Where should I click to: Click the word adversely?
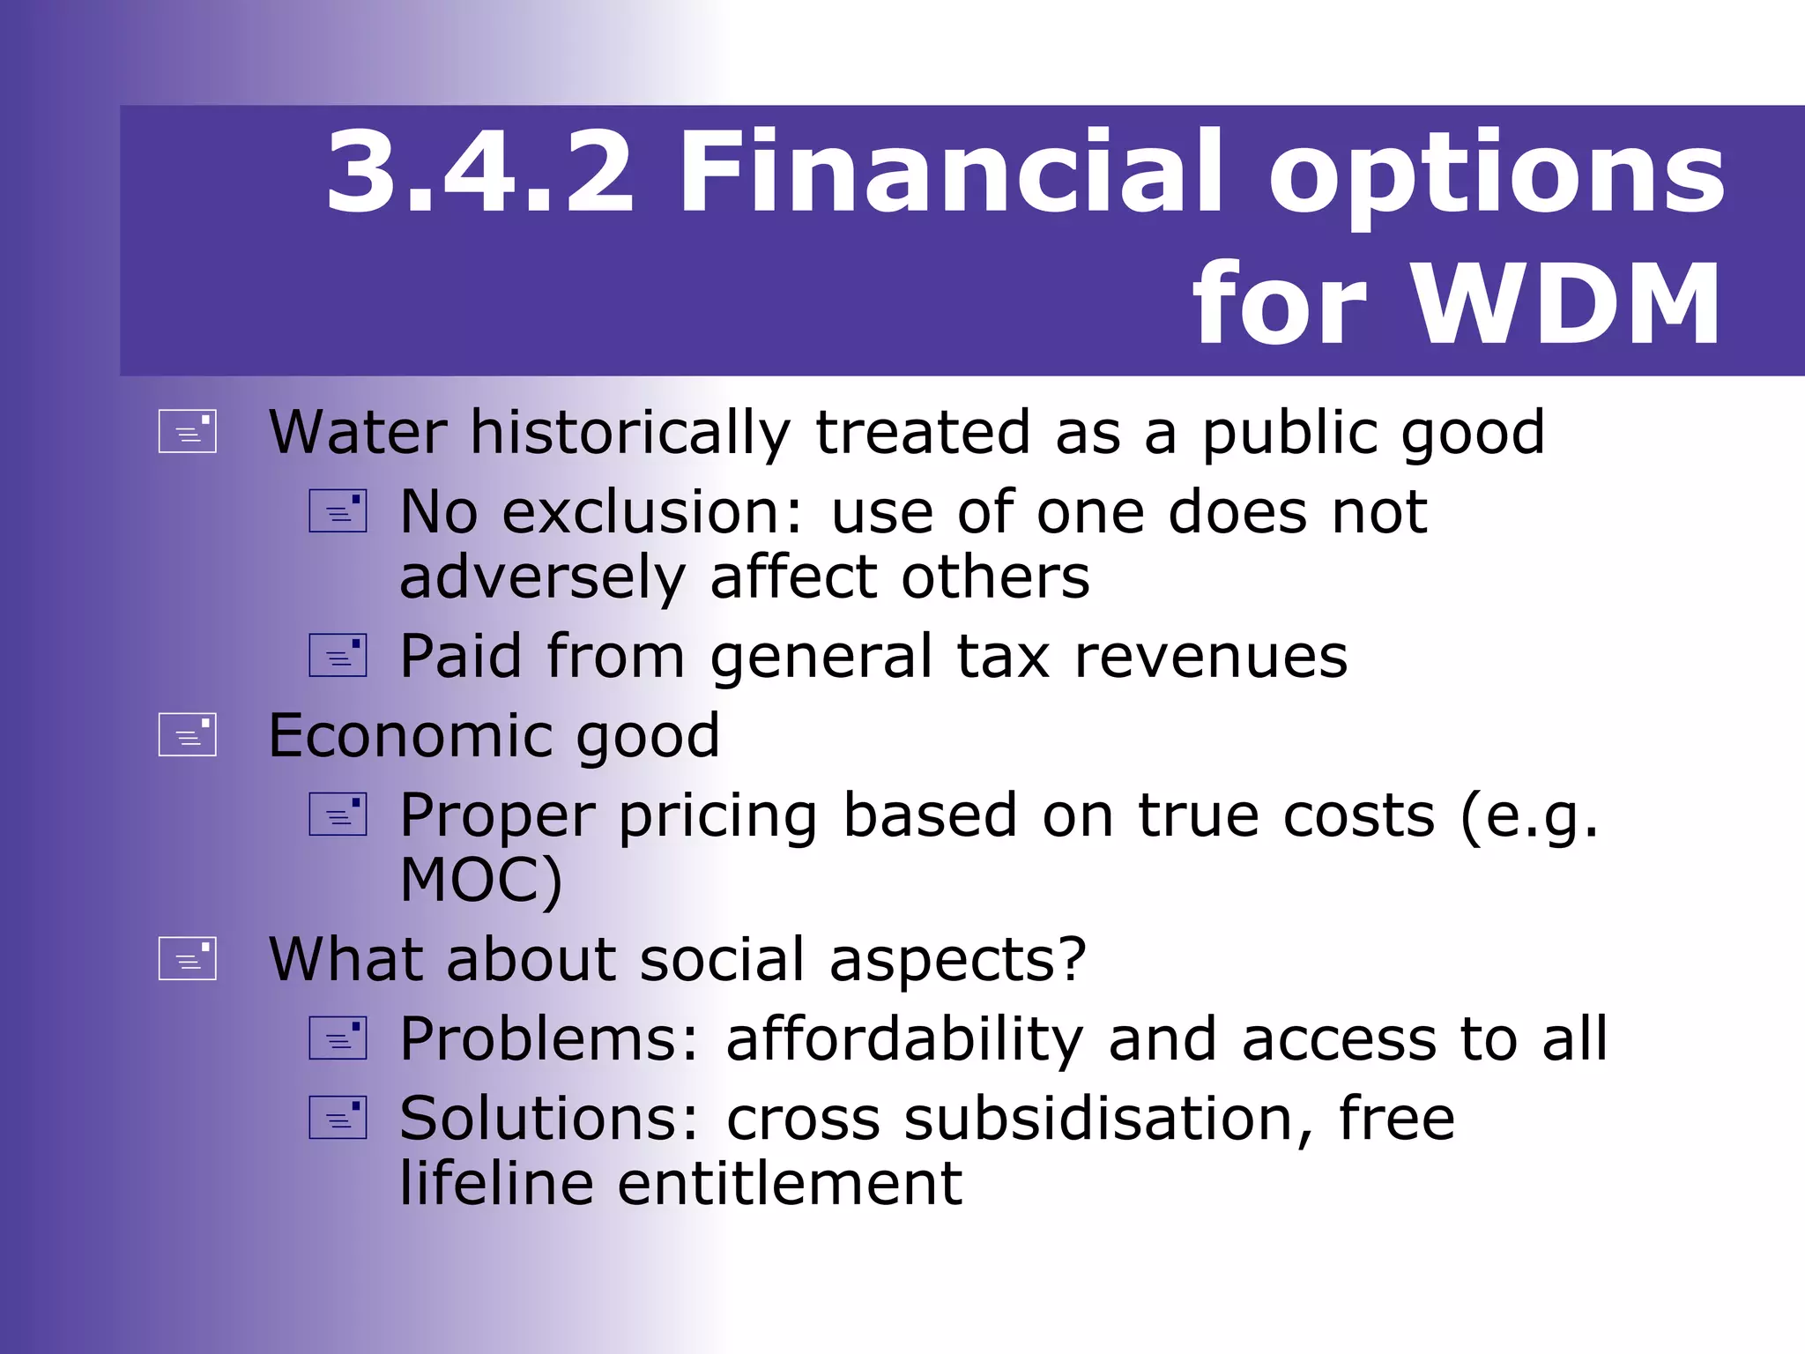pos(542,578)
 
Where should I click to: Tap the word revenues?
pos(1211,657)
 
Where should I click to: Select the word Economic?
pos(410,736)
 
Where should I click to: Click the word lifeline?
pos(496,1183)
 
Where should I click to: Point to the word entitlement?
pos(789,1183)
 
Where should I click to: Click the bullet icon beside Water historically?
pos(188,432)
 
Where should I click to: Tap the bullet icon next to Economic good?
pos(188,735)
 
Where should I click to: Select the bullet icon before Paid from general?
pos(338,656)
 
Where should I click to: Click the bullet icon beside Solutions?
pos(338,1118)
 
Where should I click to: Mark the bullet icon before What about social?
pos(188,959)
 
